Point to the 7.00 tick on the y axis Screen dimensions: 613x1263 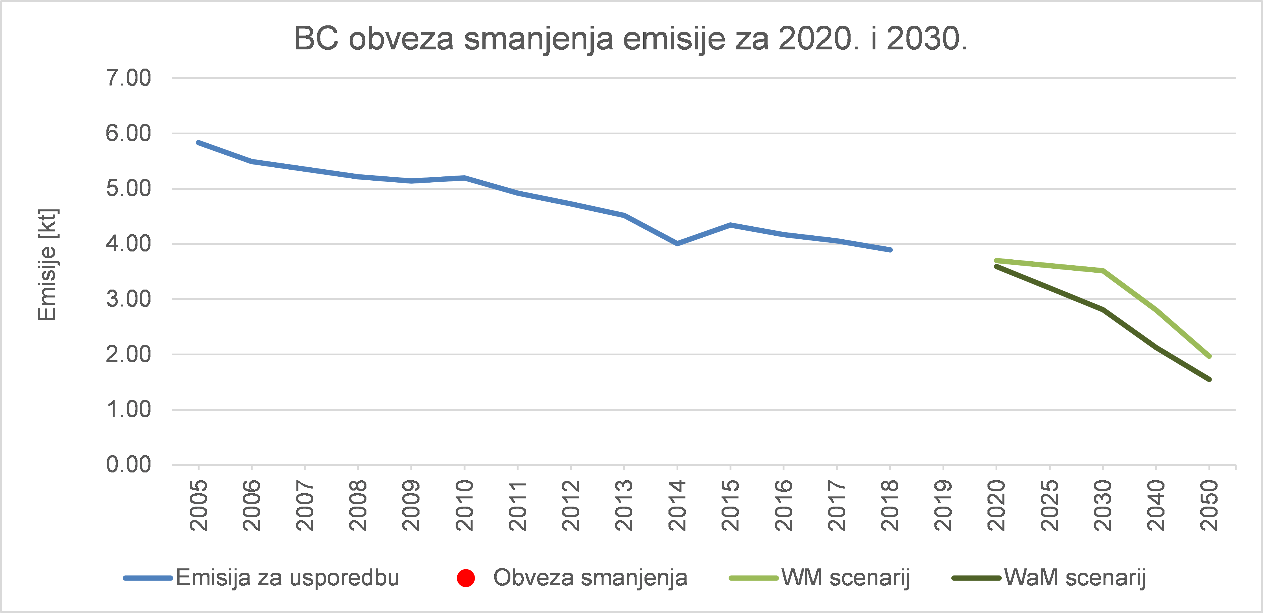[128, 78]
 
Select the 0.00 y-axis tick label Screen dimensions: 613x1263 [128, 465]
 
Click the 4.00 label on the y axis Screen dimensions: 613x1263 [128, 244]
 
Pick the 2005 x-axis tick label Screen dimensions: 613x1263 [198, 506]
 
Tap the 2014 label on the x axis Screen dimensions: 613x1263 [677, 506]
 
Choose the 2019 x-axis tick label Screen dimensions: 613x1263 [943, 506]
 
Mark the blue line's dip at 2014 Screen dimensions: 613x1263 [677, 244]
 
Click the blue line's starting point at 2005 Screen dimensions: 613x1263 [198, 143]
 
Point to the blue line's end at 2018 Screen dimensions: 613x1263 [890, 250]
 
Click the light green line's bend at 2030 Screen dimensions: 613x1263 [1103, 270]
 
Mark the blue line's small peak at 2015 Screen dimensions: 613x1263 [731, 225]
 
